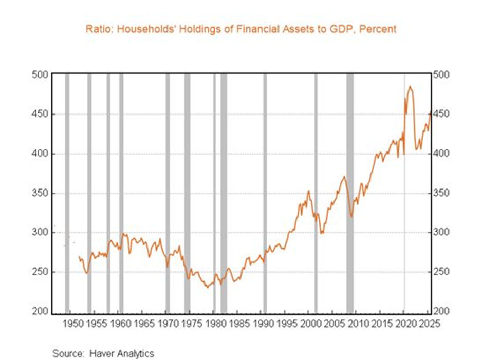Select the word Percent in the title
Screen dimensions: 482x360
click(378, 29)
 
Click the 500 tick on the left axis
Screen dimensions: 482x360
click(40, 74)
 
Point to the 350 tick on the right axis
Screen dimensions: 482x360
click(441, 193)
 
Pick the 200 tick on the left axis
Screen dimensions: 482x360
click(40, 311)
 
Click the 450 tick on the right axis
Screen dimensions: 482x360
click(441, 114)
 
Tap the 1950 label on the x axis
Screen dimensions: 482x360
click(71, 324)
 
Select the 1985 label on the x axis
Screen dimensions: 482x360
click(237, 324)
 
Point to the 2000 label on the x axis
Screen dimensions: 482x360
click(308, 324)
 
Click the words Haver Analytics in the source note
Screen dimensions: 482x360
click(122, 353)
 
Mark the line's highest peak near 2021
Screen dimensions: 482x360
click(410, 86)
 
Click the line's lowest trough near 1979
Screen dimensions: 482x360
click(207, 288)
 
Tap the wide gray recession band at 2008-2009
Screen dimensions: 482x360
click(350, 194)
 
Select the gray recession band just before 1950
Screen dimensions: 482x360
click(67, 194)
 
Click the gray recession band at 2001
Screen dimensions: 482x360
click(316, 194)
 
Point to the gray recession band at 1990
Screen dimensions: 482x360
click(265, 194)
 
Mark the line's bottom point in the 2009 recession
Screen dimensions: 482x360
click(351, 217)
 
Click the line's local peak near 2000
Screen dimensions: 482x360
click(308, 191)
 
